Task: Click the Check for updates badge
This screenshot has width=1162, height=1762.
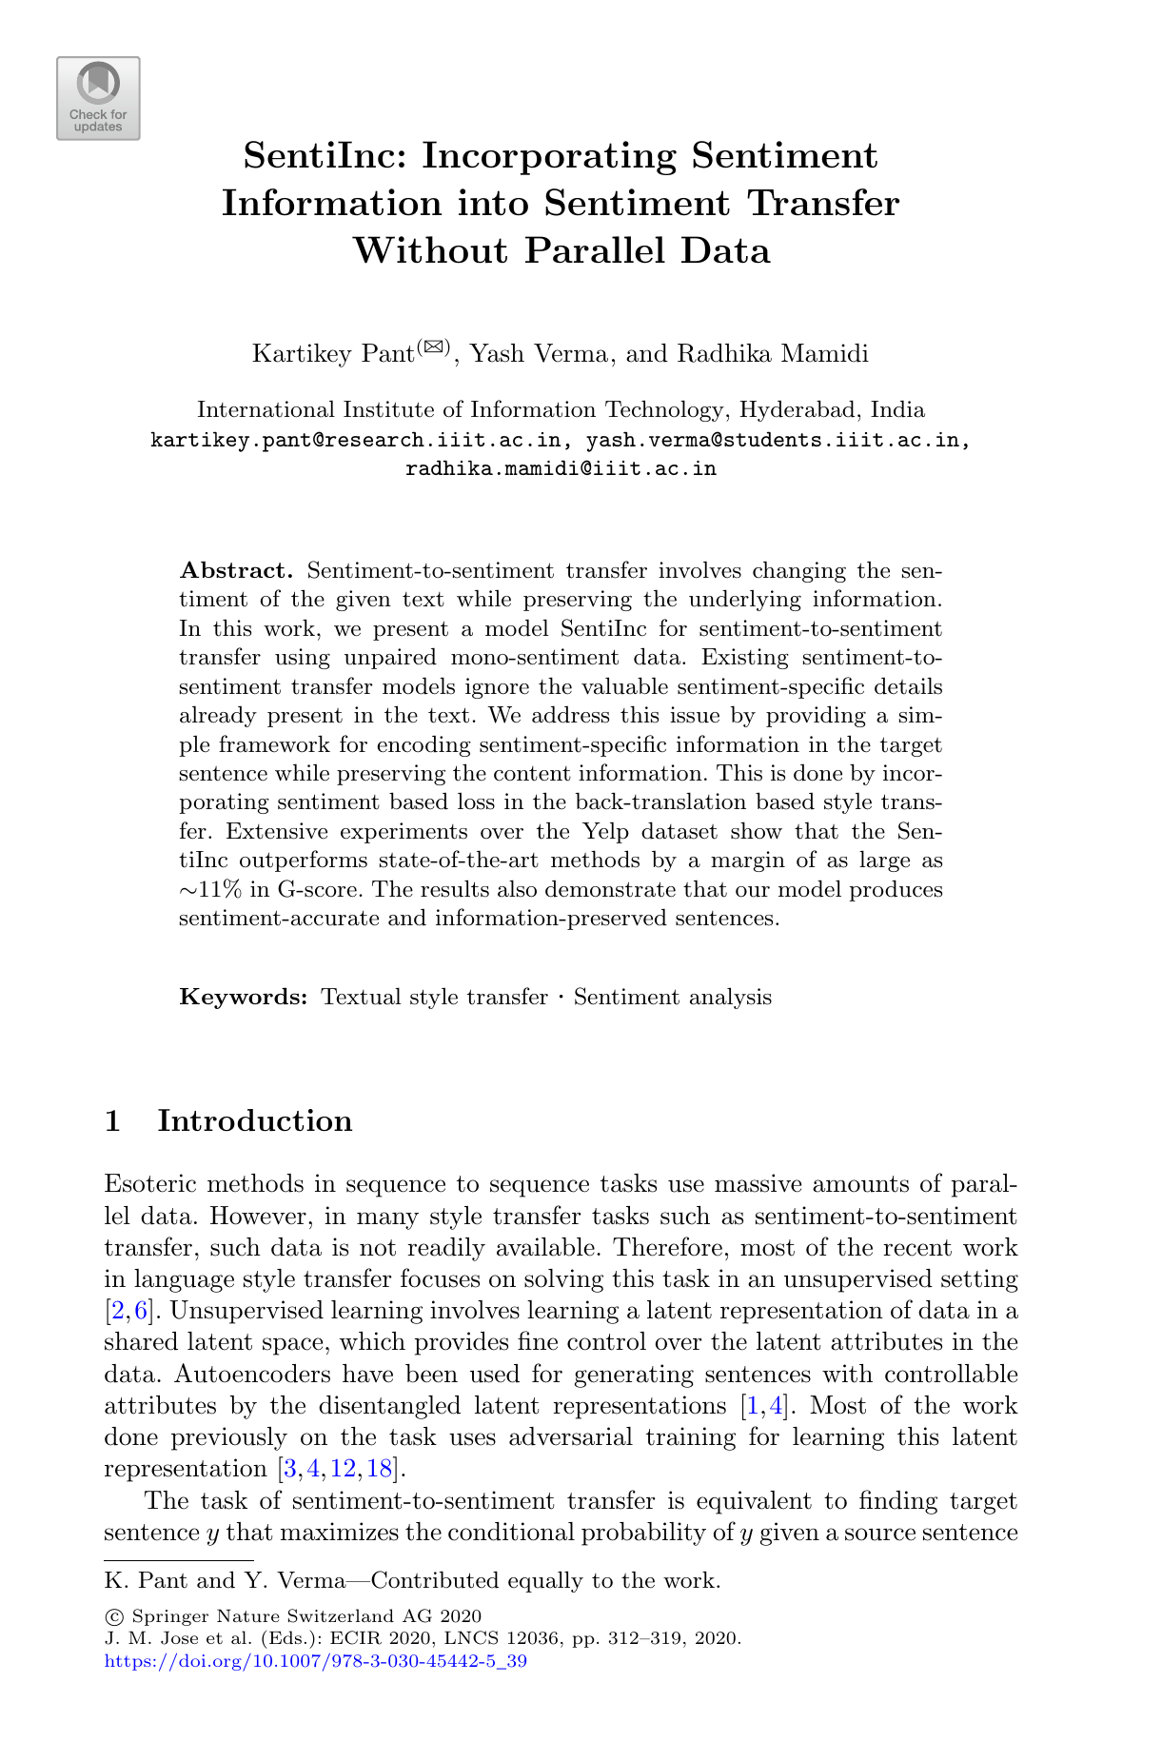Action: click(98, 99)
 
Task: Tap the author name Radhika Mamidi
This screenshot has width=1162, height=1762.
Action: click(773, 354)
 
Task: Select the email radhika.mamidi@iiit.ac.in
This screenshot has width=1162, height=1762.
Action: click(561, 469)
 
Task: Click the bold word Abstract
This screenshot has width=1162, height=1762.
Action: click(237, 571)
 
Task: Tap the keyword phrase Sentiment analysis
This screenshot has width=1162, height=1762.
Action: click(672, 998)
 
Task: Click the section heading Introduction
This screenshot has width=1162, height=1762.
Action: click(254, 1121)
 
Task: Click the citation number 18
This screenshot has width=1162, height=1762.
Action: click(380, 1469)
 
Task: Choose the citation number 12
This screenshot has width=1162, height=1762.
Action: click(343, 1469)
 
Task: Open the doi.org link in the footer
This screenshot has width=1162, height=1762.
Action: click(315, 1661)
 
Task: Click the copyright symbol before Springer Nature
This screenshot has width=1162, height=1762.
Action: click(113, 1616)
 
